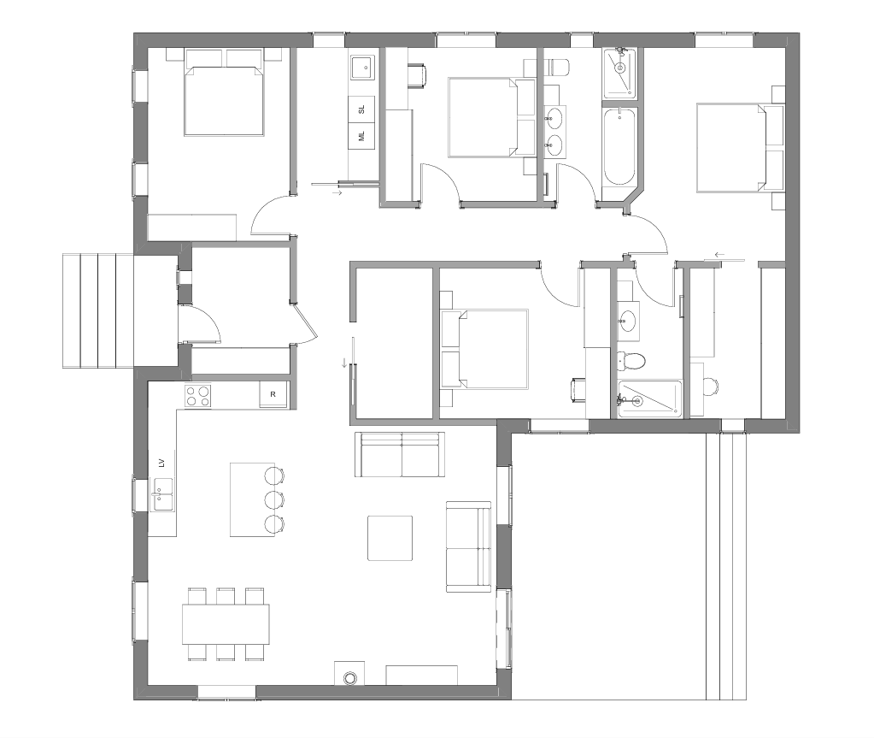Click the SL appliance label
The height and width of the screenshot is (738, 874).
[361, 109]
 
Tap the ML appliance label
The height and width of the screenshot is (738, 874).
[361, 136]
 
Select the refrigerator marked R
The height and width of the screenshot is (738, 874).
[273, 394]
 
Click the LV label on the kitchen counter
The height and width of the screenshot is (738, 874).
[161, 463]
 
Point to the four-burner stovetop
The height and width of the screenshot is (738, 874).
[198, 395]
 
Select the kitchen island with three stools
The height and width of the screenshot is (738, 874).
[253, 499]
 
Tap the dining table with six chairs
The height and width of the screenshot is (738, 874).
[226, 624]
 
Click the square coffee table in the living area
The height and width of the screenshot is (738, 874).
[390, 538]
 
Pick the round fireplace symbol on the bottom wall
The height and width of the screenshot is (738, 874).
[349, 678]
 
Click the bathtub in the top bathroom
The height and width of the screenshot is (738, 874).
[619, 147]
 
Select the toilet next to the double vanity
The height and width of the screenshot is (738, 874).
[557, 68]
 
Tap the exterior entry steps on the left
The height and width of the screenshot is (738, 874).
[98, 310]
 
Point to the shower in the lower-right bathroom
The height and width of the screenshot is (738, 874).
[650, 399]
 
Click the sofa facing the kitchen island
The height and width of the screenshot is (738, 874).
[400, 455]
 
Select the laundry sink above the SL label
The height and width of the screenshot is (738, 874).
[361, 68]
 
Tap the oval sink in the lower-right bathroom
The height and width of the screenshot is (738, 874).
[628, 322]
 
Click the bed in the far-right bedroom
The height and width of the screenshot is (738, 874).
[740, 148]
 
